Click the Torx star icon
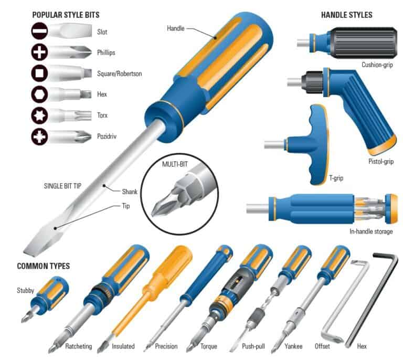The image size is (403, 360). [x=39, y=115]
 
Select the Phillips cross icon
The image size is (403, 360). [x=39, y=52]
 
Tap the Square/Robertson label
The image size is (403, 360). [x=120, y=74]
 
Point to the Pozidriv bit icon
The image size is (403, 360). [x=39, y=136]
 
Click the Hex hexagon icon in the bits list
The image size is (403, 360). [x=39, y=94]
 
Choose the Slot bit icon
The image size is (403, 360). [x=39, y=31]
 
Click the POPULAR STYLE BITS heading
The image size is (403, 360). [x=66, y=15]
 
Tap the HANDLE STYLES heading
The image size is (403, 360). [x=347, y=15]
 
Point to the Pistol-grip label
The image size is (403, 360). [x=381, y=162]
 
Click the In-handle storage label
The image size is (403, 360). [x=371, y=231]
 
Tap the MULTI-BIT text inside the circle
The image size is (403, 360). [x=175, y=164]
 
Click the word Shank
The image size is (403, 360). [x=130, y=192]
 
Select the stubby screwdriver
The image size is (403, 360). [x=46, y=299]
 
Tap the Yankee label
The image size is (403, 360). [x=293, y=346]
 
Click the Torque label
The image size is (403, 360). [x=209, y=346]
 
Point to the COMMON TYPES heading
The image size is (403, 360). [x=44, y=266]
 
